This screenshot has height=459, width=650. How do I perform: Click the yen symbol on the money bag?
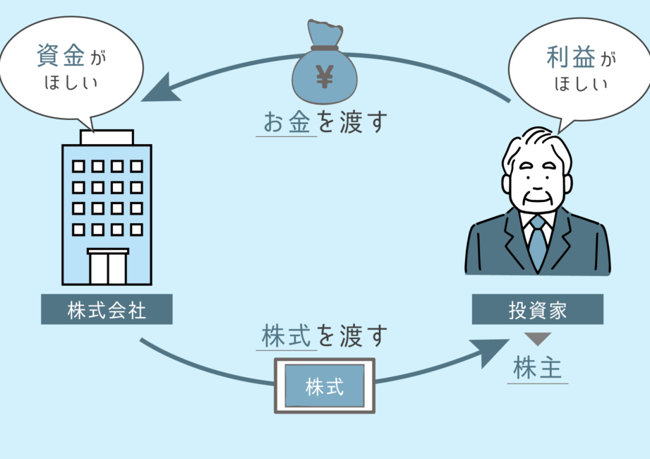pyautogui.click(x=325, y=76)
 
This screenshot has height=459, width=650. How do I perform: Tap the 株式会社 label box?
pyautogui.click(x=107, y=309)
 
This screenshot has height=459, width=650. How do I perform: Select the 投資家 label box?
pyautogui.click(x=538, y=309)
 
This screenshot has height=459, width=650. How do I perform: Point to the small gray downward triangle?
pyautogui.click(x=538, y=338)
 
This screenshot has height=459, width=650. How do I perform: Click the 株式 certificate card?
pyautogui.click(x=325, y=386)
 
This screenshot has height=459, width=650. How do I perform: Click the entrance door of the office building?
pyautogui.click(x=107, y=267)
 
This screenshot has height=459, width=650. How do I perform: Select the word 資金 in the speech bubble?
pyautogui.click(x=59, y=56)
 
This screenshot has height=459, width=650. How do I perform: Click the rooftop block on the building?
pyautogui.click(x=107, y=137)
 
